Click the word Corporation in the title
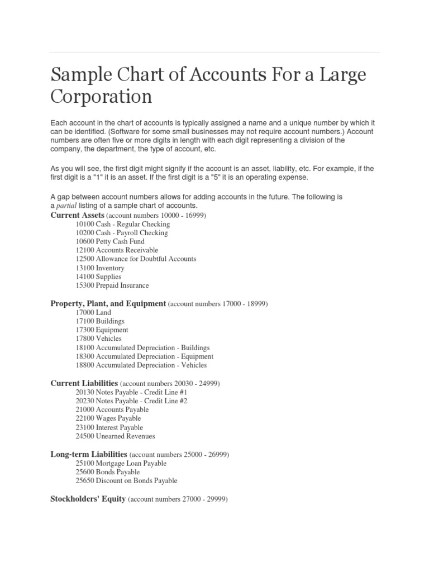101,96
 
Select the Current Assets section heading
77,215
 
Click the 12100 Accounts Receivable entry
117,250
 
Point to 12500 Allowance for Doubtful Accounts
136,259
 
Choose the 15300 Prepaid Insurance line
112,285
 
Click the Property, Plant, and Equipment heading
108,303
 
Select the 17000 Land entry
93,313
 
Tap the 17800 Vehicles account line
98,339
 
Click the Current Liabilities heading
84,384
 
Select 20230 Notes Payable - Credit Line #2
131,401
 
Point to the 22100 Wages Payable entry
108,418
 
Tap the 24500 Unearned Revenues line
116,436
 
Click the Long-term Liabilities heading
89,455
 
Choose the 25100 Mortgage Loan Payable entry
121,464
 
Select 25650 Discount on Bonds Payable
126,481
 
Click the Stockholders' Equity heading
88,499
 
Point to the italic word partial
70,206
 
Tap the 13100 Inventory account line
100,268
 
